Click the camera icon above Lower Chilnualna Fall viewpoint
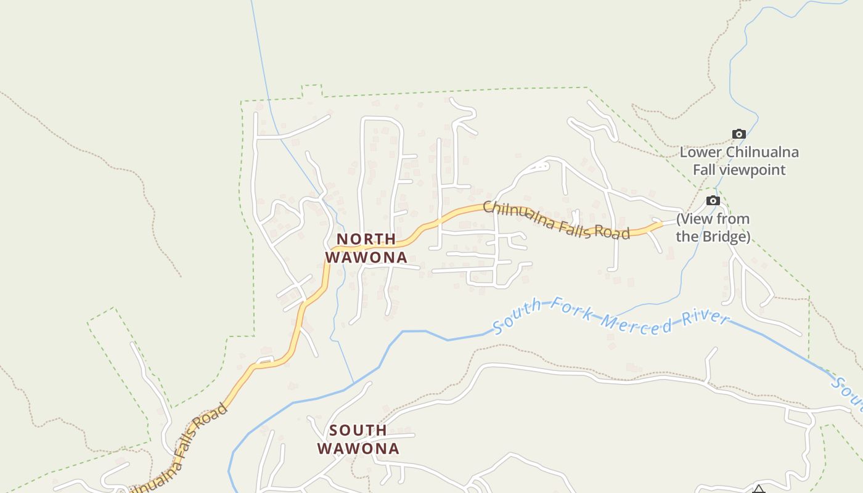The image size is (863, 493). coord(738,134)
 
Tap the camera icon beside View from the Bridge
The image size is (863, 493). coord(713,201)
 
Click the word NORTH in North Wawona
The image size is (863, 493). coord(366,239)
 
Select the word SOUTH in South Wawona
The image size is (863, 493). coord(358,430)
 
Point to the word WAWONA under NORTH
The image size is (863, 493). coord(366,258)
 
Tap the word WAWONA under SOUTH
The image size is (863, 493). coord(358,449)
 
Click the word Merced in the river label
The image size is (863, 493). coord(637,322)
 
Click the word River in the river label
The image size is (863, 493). coord(706,319)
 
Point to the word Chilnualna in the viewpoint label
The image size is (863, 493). coord(762,152)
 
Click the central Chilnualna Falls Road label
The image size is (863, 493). coord(555,221)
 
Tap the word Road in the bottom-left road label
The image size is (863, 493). coord(210,420)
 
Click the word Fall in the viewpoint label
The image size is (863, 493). coord(705,169)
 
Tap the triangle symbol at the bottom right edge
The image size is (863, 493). coord(758,490)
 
